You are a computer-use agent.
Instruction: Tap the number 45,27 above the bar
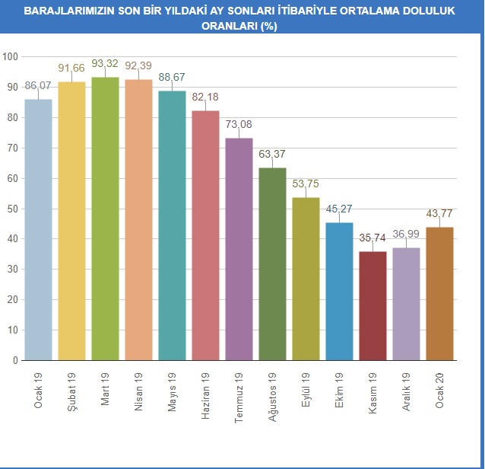pyautogui.click(x=340, y=208)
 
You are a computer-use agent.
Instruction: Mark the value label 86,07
pyautogui.click(x=38, y=85)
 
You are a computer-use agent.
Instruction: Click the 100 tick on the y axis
pyautogui.click(x=10, y=56)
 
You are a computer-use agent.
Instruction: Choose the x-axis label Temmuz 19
pyautogui.click(x=239, y=391)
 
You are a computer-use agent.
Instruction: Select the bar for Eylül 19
pyautogui.click(x=306, y=279)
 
